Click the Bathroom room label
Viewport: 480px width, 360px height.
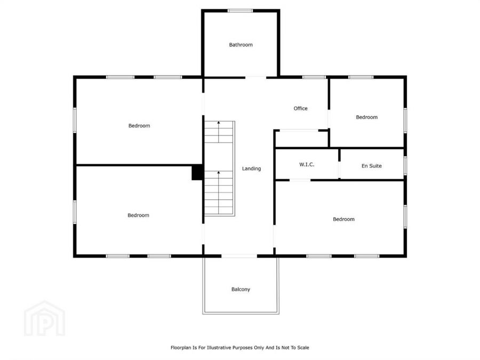(241, 45)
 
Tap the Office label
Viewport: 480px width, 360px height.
(301, 109)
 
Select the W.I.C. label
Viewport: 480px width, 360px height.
(307, 165)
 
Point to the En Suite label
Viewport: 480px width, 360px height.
(372, 166)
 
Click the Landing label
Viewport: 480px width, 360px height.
(252, 169)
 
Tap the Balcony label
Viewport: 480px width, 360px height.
(241, 289)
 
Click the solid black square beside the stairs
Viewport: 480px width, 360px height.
(197, 172)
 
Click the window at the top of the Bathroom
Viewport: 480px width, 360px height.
(241, 10)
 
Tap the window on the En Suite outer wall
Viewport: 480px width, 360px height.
(405, 165)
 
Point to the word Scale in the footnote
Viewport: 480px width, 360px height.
(302, 347)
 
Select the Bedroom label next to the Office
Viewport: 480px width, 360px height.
(367, 117)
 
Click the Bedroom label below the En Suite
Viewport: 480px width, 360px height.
(343, 219)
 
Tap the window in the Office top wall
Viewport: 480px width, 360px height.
(310, 77)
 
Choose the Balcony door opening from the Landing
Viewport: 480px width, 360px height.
(239, 256)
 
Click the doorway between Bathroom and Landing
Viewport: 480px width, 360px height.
(256, 77)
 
